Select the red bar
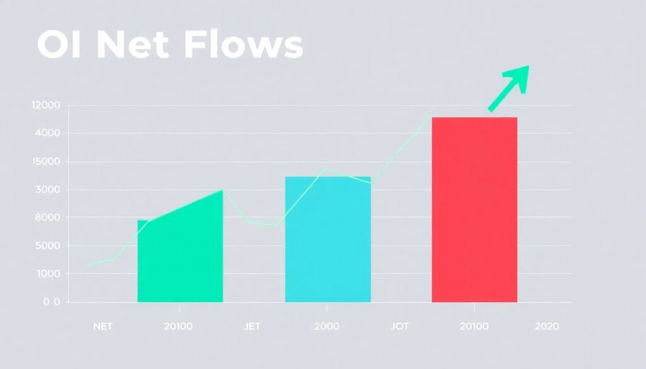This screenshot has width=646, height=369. click(474, 209)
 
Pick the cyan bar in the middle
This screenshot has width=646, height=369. click(328, 239)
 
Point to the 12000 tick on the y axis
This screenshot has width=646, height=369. click(46, 105)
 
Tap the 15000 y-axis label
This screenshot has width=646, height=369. click(47, 161)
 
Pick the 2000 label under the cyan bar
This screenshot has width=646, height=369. click(326, 327)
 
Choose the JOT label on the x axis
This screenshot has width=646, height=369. click(400, 327)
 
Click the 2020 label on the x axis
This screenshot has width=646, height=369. click(546, 327)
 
